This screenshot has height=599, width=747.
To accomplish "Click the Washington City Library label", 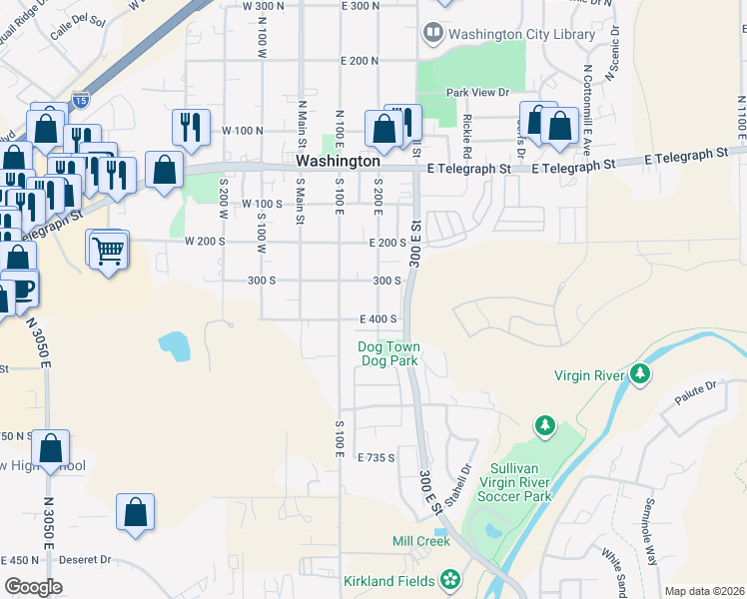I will click(x=522, y=34).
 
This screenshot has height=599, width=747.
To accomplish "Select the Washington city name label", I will click(x=338, y=161).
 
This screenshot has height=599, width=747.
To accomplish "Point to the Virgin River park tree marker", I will click(x=640, y=375).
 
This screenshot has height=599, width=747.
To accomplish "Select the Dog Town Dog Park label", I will click(x=389, y=353).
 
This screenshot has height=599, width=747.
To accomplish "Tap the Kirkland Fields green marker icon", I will click(x=450, y=579).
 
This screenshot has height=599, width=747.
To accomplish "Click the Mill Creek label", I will click(x=420, y=541).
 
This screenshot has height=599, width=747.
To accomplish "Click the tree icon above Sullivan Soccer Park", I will click(x=544, y=426).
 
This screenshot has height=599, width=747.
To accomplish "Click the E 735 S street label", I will click(x=378, y=457).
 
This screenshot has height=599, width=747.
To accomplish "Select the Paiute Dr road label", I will click(x=697, y=387).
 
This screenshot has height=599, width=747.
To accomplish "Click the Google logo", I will click(x=33, y=586).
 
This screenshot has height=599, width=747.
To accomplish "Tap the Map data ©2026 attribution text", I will click(x=703, y=591).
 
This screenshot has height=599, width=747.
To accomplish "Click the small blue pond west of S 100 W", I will click(x=174, y=346).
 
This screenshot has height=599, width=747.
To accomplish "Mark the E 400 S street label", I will click(x=379, y=319).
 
